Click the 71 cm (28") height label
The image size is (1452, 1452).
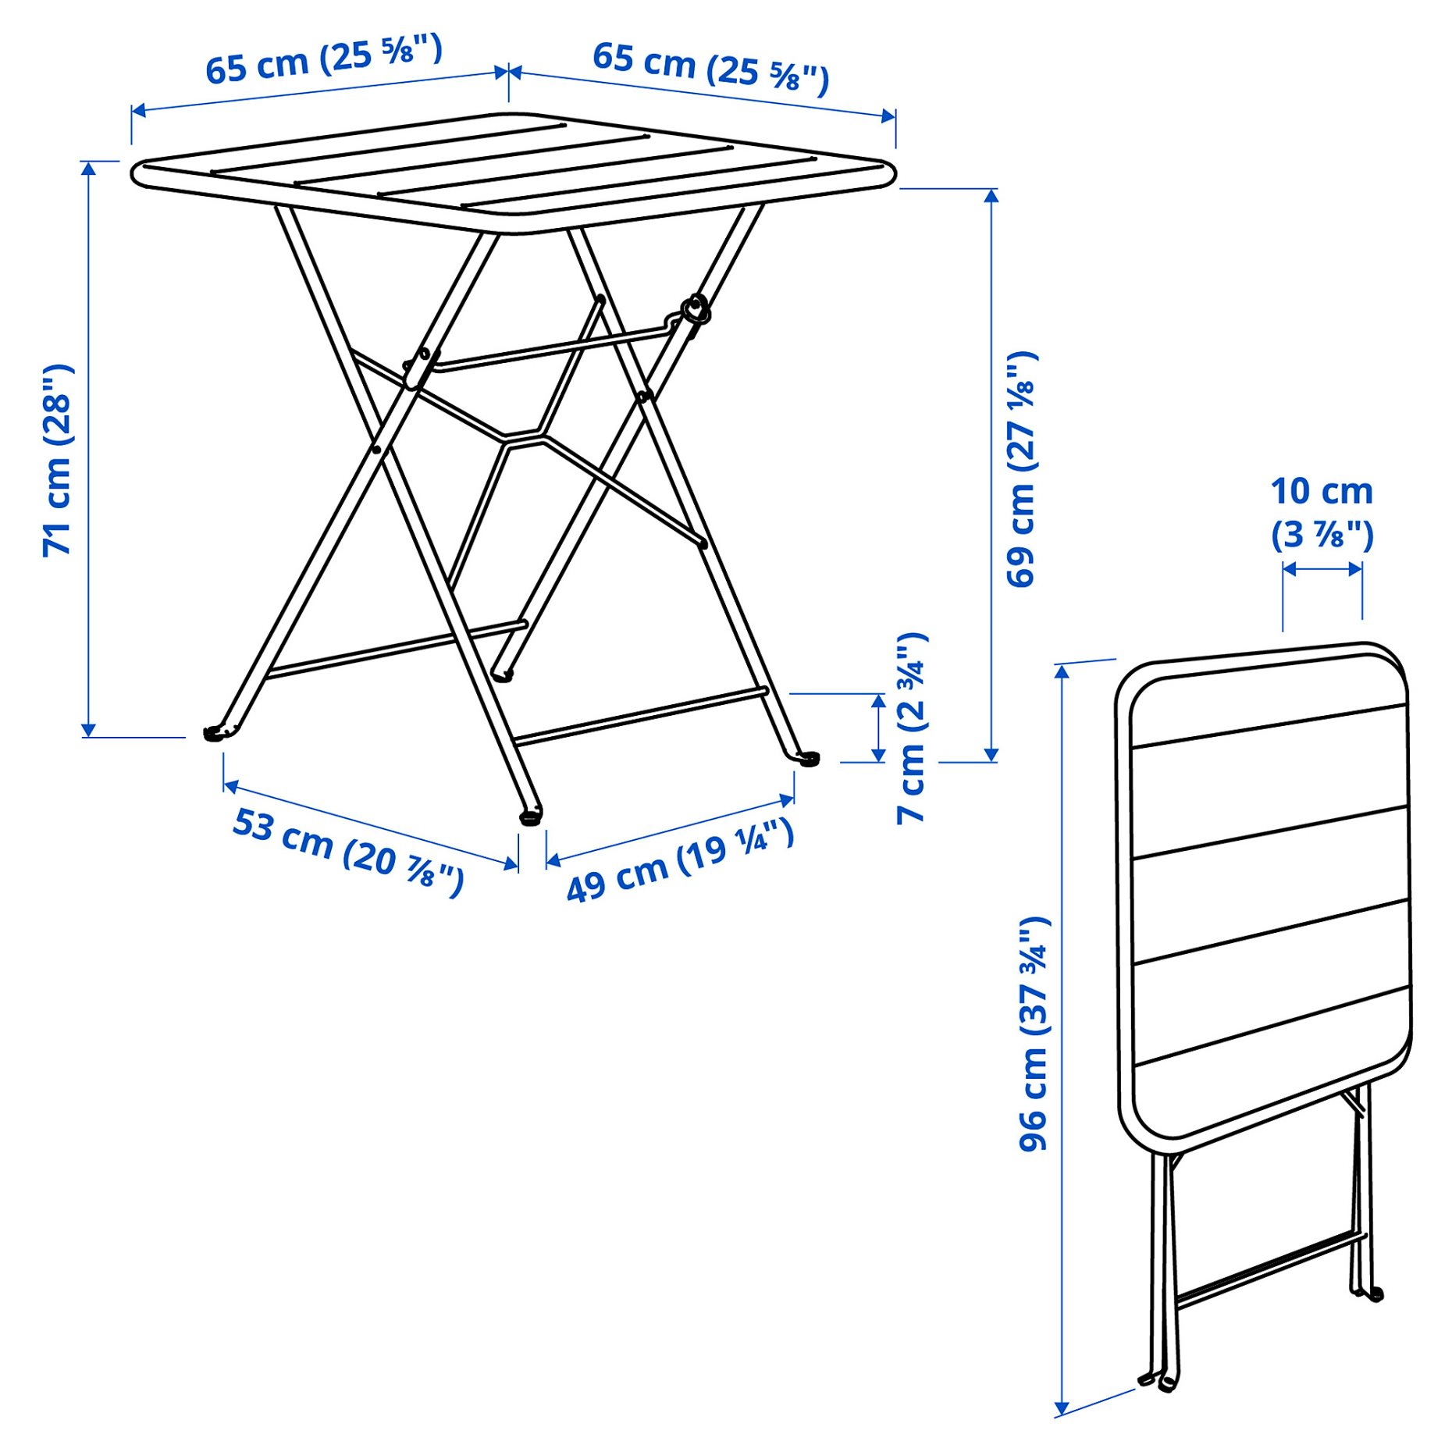(58, 461)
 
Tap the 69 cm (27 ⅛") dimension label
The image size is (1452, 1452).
(1021, 468)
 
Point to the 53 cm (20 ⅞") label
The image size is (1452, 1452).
(348, 852)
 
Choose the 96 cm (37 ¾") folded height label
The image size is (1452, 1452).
(1034, 1034)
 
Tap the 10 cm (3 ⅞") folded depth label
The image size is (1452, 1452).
(1322, 513)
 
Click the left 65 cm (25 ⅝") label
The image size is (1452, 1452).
(323, 59)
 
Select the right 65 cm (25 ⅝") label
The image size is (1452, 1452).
(710, 67)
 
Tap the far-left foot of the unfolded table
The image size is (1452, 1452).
(213, 733)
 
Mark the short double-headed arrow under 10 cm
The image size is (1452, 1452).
(1322, 569)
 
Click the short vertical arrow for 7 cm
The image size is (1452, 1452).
(879, 728)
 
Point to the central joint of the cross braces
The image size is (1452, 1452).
(523, 438)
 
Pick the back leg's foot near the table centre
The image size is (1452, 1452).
(504, 674)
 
